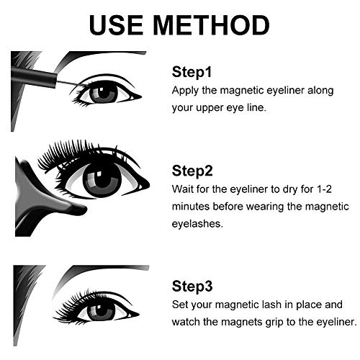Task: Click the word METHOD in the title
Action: [x=211, y=25]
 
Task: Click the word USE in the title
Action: [x=117, y=25]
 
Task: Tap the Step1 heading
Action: [x=192, y=72]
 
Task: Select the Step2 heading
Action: [x=192, y=171]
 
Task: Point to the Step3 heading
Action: [x=192, y=286]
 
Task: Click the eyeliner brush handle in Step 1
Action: [x=34, y=77]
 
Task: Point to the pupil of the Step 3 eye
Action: [x=102, y=310]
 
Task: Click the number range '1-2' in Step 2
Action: [x=324, y=189]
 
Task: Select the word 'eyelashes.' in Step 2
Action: [x=197, y=224]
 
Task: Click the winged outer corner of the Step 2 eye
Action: [x=143, y=185]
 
